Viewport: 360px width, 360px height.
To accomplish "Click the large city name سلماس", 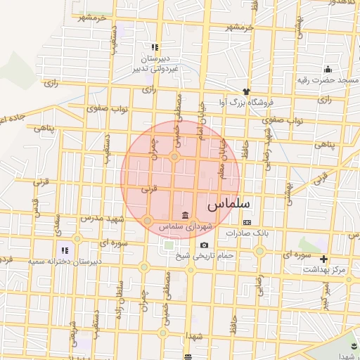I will point(230,205).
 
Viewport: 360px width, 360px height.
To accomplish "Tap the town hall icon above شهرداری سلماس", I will point(185,215).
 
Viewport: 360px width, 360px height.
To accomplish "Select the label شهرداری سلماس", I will point(185,226).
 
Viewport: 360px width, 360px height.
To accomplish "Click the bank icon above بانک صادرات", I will point(247,222).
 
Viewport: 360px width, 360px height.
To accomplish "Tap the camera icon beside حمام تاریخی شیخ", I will point(204,245).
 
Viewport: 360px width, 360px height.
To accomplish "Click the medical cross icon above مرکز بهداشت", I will point(323,259).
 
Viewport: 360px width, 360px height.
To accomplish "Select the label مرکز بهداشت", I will point(326,270).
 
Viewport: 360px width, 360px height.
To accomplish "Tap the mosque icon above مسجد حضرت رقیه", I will point(328,69).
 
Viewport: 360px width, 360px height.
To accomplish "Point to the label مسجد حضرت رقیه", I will point(324,80).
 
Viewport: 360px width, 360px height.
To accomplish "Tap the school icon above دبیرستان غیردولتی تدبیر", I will point(154,48).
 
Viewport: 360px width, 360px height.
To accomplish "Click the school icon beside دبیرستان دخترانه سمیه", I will point(65,250).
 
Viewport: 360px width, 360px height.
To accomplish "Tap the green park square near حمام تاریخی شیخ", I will point(169,246).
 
